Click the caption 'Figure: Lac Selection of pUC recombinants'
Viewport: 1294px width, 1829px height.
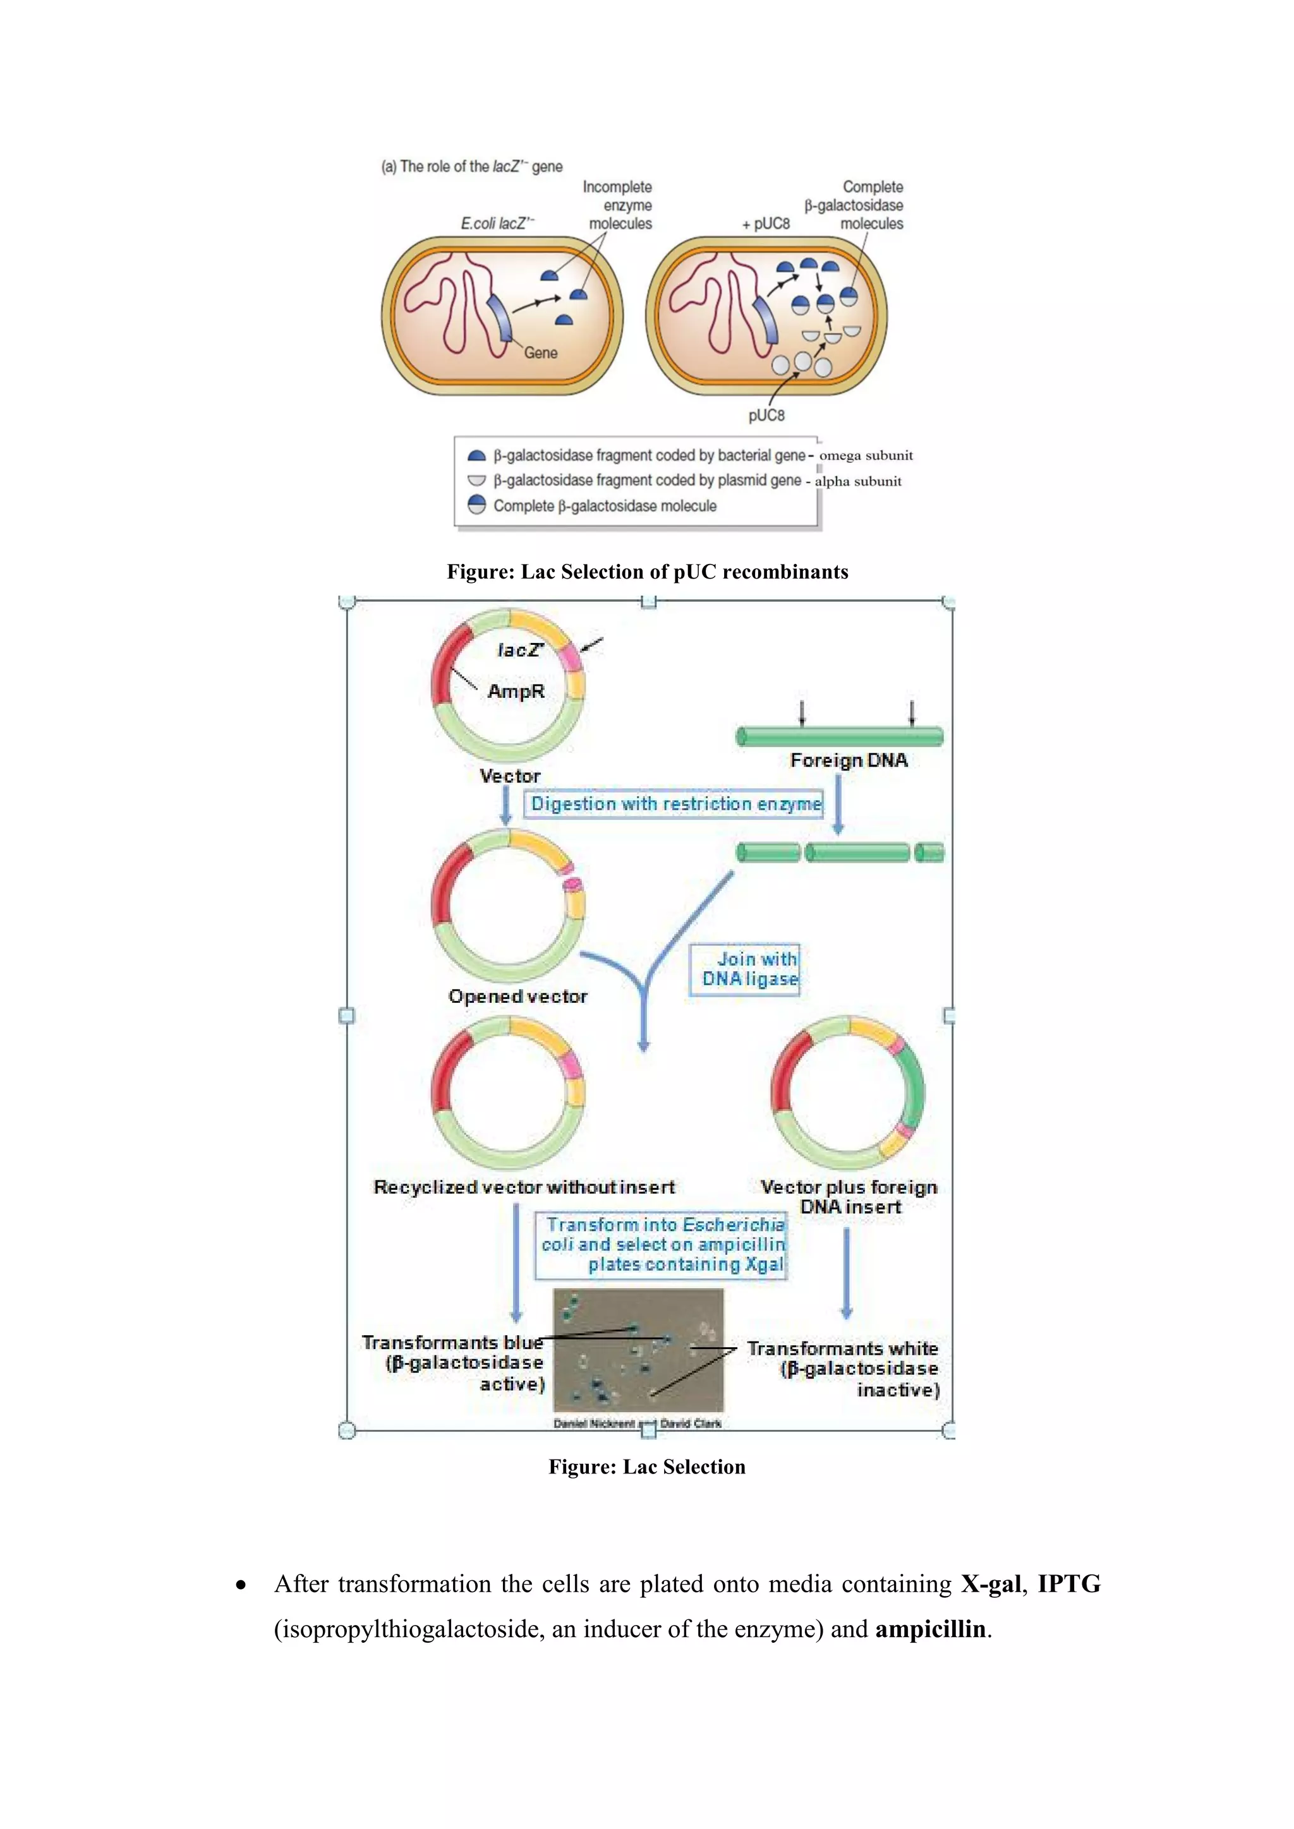click(647, 572)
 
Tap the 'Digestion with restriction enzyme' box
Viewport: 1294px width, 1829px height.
click(675, 804)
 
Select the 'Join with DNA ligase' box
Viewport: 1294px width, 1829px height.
click(745, 969)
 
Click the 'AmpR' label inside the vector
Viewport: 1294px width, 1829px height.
click(516, 692)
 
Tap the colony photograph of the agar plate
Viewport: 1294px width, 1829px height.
click(638, 1350)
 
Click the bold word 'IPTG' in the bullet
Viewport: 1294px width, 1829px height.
click(1068, 1584)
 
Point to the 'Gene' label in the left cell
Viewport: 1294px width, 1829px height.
click(540, 353)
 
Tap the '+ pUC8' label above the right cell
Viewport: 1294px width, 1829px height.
click(766, 224)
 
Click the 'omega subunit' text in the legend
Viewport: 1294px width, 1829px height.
click(866, 455)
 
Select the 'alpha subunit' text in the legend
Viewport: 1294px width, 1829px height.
click(858, 481)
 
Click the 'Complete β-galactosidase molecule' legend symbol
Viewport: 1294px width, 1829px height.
click(476, 505)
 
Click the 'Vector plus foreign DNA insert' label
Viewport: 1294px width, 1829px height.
click(849, 1197)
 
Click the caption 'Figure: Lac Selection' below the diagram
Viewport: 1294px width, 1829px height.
click(647, 1467)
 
